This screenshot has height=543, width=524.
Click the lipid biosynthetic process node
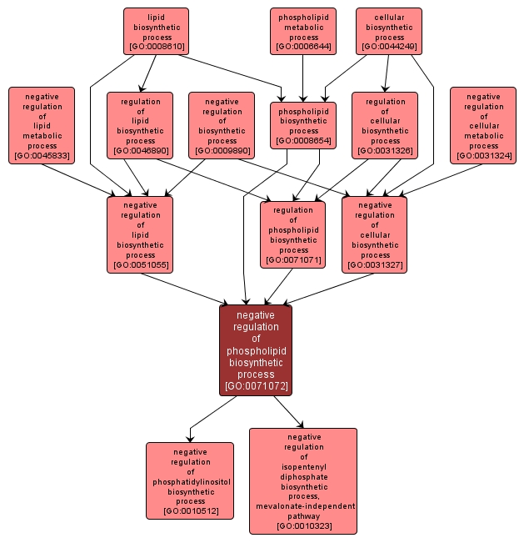pyautogui.click(x=156, y=31)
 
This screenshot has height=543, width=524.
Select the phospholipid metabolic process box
pyautogui.click(x=303, y=31)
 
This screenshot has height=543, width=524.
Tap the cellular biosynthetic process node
pyautogui.click(x=389, y=31)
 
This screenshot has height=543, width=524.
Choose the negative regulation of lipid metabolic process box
pyautogui.click(x=42, y=125)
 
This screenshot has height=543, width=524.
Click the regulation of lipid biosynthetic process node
pyautogui.click(x=140, y=125)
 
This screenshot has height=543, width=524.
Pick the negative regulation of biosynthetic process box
pyautogui.click(x=222, y=125)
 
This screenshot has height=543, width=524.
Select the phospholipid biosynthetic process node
pyautogui.click(x=303, y=125)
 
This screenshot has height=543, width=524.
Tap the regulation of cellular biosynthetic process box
pyautogui.click(x=385, y=125)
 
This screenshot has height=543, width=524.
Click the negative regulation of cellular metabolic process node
pyautogui.click(x=483, y=125)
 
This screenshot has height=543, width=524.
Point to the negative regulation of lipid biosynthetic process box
pyautogui.click(x=140, y=234)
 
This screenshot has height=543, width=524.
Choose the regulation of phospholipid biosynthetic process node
pyautogui.click(x=293, y=234)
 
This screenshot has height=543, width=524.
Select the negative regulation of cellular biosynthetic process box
pyautogui.click(x=375, y=234)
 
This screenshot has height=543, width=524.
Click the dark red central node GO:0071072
pyautogui.click(x=256, y=350)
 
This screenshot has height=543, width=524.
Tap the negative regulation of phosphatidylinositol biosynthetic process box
pyautogui.click(x=190, y=481)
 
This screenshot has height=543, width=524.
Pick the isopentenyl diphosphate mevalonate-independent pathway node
pyautogui.click(x=303, y=481)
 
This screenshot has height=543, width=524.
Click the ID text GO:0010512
pyautogui.click(x=190, y=510)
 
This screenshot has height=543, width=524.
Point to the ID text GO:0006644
pyautogui.click(x=303, y=47)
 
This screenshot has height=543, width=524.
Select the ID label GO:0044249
pyautogui.click(x=389, y=47)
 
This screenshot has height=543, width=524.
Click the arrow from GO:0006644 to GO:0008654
pyautogui.click(x=303, y=78)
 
